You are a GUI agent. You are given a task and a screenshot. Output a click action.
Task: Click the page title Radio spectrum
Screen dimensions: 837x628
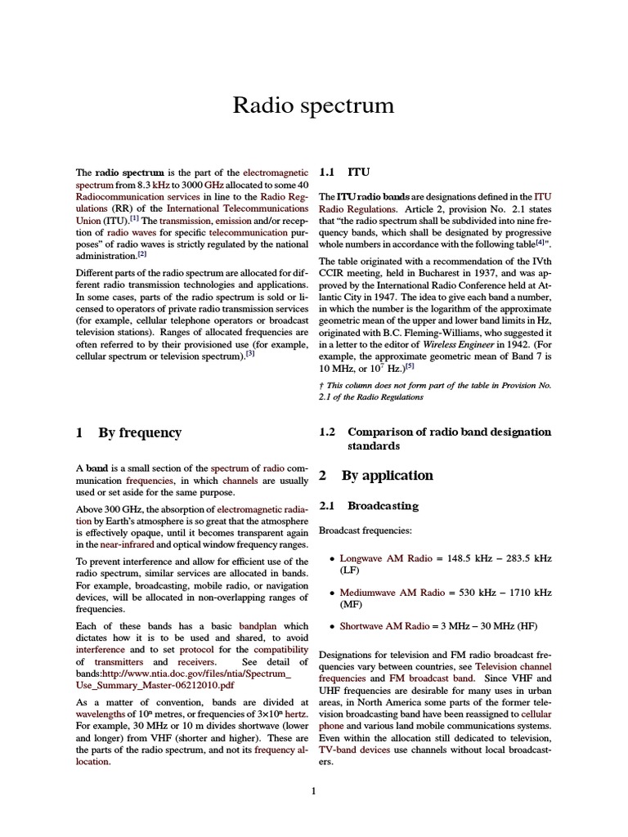[x=313, y=105]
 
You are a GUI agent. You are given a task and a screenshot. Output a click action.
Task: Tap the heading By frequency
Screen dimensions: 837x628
[x=128, y=432]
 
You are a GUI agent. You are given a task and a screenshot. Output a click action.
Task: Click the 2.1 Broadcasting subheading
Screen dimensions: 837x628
[x=368, y=506]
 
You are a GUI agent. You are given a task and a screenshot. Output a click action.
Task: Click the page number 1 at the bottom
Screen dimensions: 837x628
[x=314, y=790]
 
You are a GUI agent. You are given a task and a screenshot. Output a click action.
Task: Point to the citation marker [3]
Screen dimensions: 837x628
[x=250, y=353]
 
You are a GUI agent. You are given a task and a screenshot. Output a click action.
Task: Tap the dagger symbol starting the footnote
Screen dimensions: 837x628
[x=321, y=384]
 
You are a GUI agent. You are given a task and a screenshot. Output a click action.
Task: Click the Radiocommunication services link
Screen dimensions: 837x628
[x=127, y=197]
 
